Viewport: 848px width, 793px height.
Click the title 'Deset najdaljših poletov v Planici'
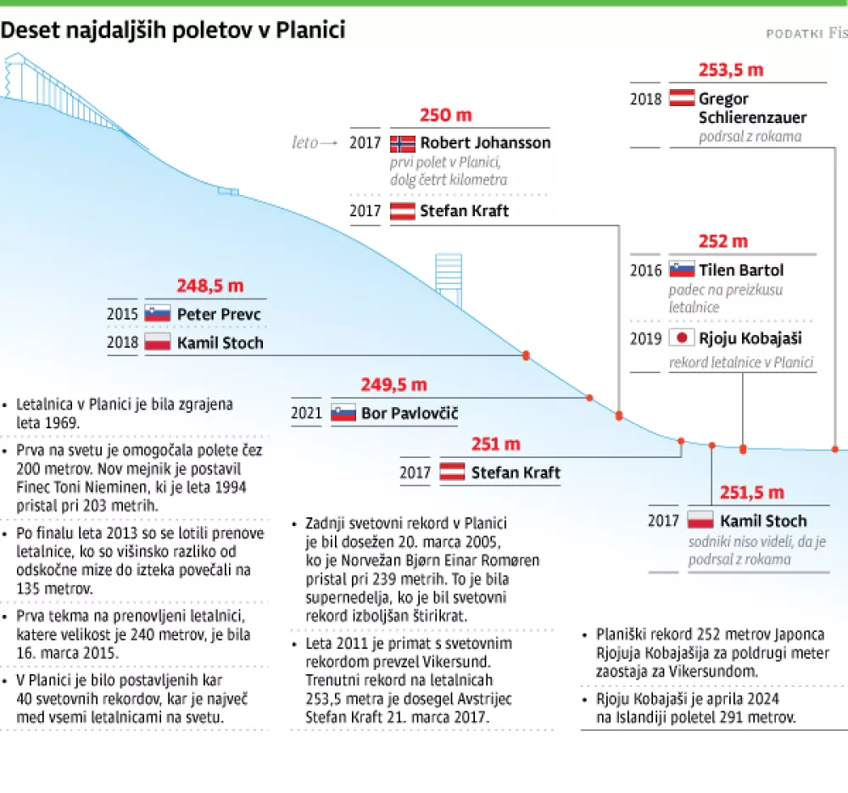click(173, 31)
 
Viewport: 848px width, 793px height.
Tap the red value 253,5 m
click(730, 70)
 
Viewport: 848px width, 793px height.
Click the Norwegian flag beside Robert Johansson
click(402, 142)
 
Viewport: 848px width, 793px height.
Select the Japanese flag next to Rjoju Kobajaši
click(681, 338)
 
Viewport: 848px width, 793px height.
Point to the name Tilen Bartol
click(740, 271)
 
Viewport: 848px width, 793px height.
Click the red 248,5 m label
click(209, 286)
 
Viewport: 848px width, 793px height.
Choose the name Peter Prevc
click(219, 315)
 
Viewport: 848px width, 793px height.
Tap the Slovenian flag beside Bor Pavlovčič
click(343, 413)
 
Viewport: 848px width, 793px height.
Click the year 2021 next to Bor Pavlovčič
click(306, 413)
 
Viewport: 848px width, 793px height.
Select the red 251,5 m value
click(751, 492)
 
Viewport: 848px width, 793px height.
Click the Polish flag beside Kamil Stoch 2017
click(700, 520)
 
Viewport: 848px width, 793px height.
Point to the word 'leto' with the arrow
click(304, 142)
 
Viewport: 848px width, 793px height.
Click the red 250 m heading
click(445, 115)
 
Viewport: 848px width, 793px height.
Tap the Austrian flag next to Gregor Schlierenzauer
click(682, 98)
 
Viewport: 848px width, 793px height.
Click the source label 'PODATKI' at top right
click(795, 33)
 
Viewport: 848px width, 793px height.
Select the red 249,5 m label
click(393, 385)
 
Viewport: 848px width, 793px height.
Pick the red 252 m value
click(723, 242)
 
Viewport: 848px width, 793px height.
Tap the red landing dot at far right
click(834, 449)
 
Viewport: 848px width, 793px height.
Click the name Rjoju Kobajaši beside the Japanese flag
click(750, 338)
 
